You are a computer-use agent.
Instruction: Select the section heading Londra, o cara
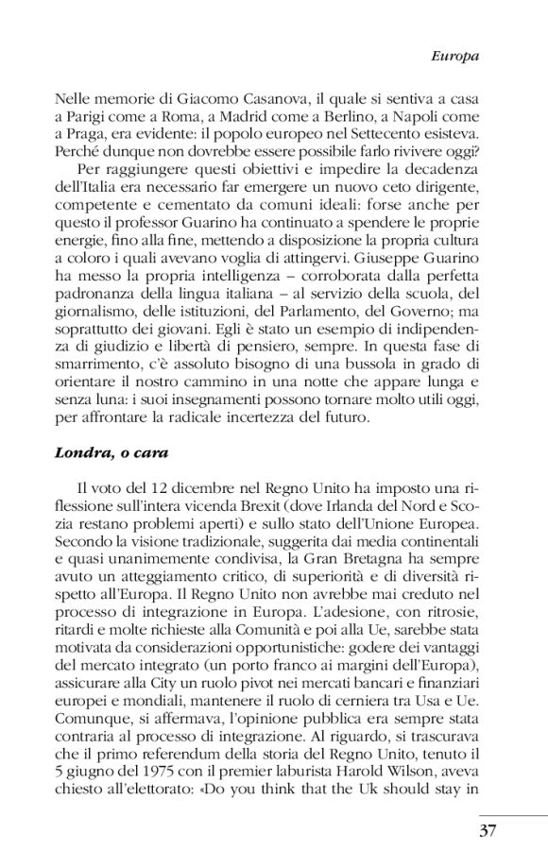point(111,452)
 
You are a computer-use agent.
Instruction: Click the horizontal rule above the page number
point(512,813)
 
